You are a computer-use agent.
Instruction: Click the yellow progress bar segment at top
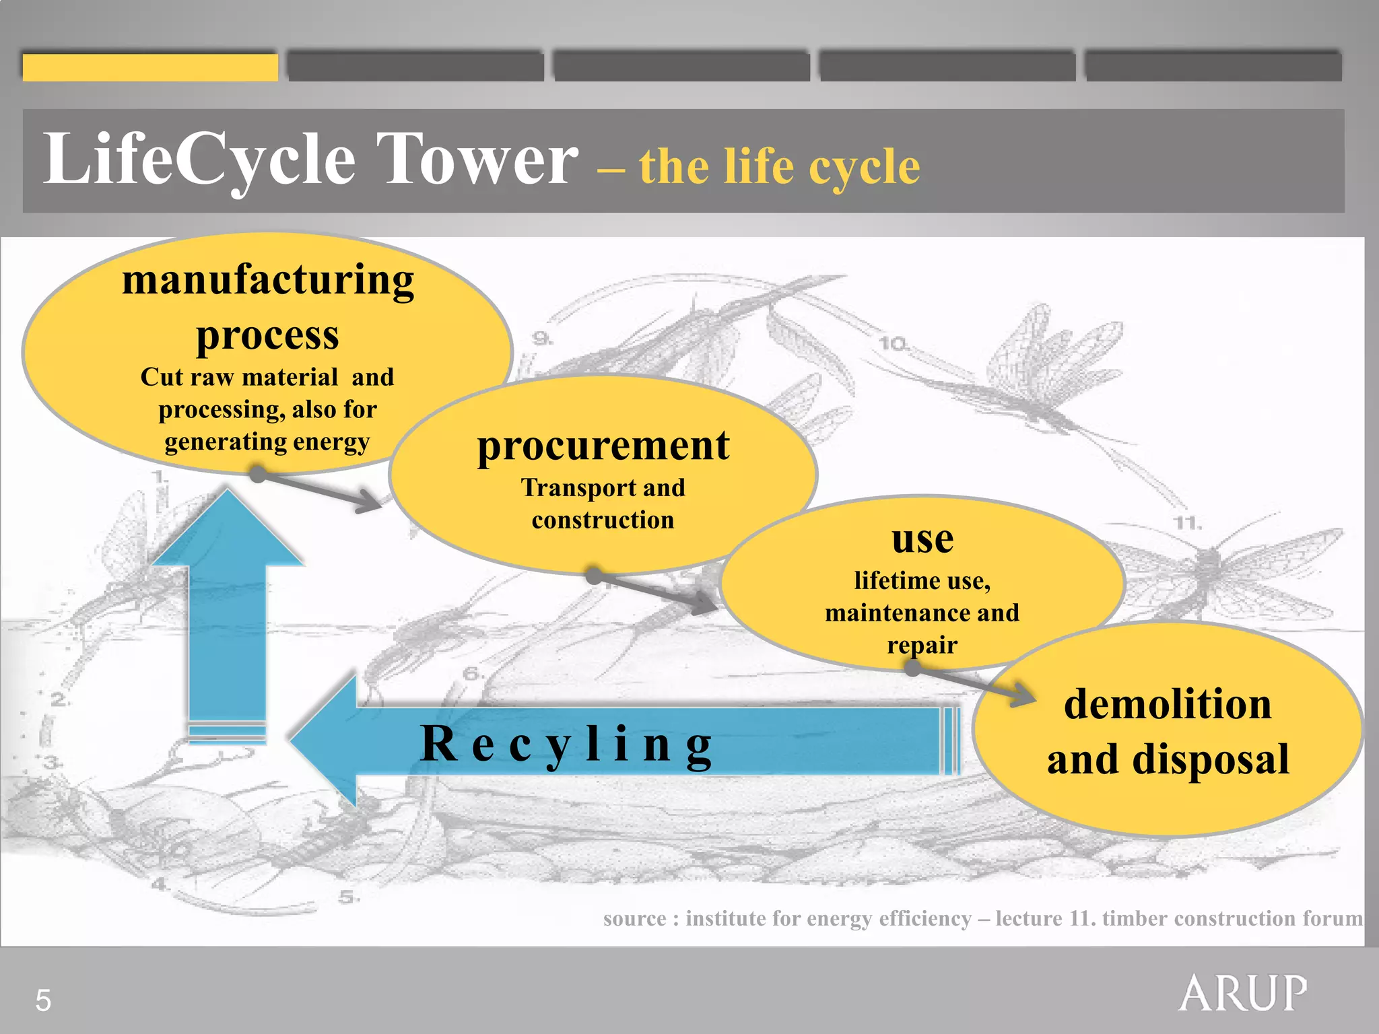click(150, 67)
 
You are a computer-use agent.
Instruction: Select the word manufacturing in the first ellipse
click(268, 280)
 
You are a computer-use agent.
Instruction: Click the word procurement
click(603, 446)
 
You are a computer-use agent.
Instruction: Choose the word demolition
click(1168, 704)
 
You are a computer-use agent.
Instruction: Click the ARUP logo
click(1243, 992)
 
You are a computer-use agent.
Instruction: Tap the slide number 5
click(43, 1000)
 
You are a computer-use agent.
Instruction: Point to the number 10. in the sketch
click(893, 343)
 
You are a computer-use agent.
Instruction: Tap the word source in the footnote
click(634, 918)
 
